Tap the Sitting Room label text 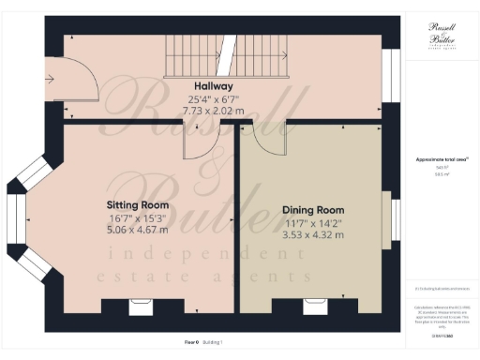coord(138,204)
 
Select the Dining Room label coord(313,210)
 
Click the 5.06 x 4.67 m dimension coord(138,228)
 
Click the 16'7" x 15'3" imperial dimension coord(138,217)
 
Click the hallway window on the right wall coord(389,72)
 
